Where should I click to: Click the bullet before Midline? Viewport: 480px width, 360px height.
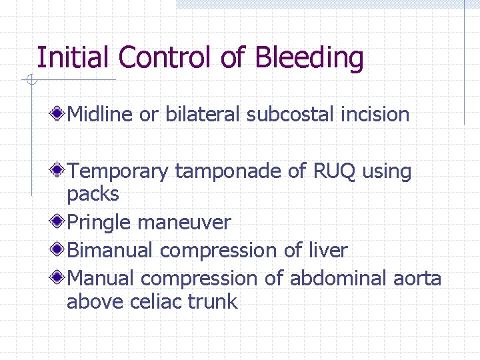(59, 114)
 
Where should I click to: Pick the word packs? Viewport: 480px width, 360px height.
(93, 195)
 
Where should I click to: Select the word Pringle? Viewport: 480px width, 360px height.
(100, 223)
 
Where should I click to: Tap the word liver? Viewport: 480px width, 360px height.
(326, 251)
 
